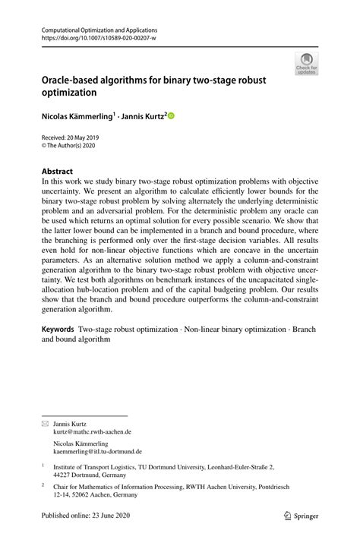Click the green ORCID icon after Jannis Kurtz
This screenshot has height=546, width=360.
(x=171, y=116)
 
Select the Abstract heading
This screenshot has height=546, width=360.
(x=58, y=172)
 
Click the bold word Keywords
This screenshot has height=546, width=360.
(x=58, y=330)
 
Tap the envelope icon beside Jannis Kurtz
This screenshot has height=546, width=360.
(x=44, y=424)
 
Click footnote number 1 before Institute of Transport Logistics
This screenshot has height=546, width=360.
(x=43, y=467)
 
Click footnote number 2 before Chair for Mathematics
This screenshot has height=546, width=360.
(x=43, y=484)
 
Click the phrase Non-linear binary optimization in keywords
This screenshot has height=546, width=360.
(x=238, y=330)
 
